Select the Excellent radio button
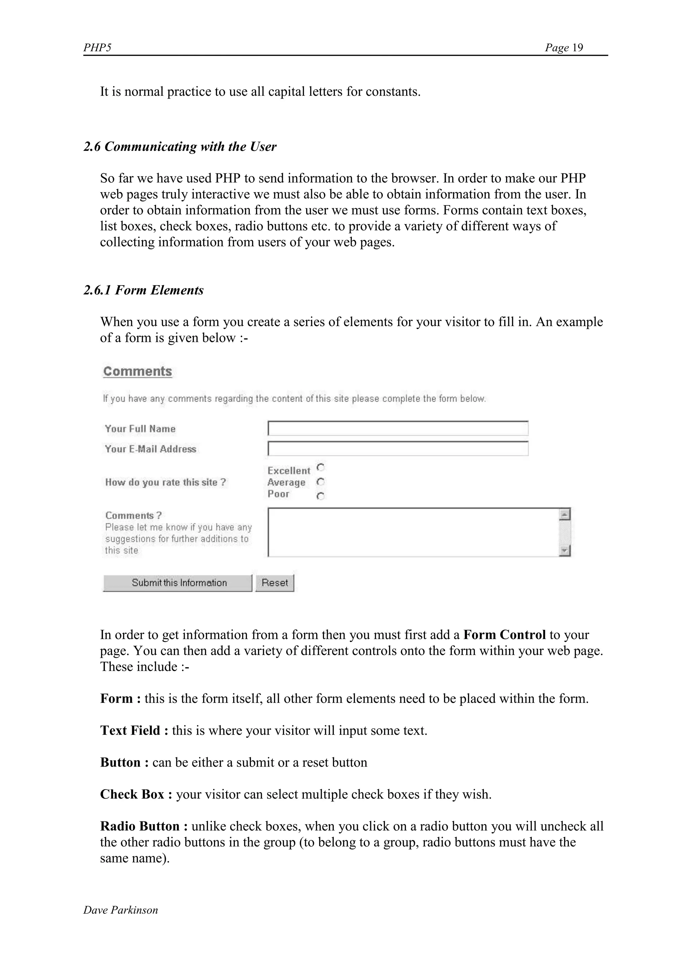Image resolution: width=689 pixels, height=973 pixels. click(x=321, y=468)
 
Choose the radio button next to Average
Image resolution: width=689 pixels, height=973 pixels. click(x=321, y=482)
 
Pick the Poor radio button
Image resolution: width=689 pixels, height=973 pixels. click(x=321, y=496)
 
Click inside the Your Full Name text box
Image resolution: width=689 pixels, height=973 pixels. click(x=398, y=429)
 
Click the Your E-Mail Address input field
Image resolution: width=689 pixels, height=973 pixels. click(x=398, y=449)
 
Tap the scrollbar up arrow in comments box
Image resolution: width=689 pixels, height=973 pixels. click(x=565, y=515)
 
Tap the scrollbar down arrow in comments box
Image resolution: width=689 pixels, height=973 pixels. click(x=565, y=551)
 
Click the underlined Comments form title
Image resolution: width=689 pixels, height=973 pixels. click(x=138, y=371)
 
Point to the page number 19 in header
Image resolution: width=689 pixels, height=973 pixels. click(x=577, y=47)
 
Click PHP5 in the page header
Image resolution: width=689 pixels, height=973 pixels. click(x=97, y=47)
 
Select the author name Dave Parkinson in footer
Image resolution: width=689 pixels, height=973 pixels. click(x=120, y=910)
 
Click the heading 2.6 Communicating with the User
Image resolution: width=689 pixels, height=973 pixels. click(x=180, y=147)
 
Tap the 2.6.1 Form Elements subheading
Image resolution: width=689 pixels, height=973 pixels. click(x=143, y=290)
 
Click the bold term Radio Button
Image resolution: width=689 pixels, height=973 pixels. click(x=140, y=826)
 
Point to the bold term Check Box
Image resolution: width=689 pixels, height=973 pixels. click(x=132, y=794)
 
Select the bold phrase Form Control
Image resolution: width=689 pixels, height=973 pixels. click(x=504, y=635)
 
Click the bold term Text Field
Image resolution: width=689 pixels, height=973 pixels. click(x=130, y=730)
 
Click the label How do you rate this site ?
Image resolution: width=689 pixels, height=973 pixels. click(x=166, y=482)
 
